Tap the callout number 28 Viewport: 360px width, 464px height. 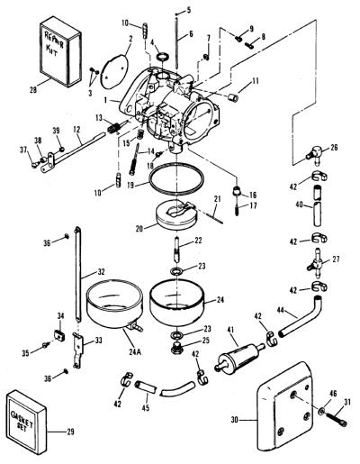pos(33,89)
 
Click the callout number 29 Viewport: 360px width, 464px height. pos(70,432)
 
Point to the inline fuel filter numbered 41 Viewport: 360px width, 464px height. pos(239,357)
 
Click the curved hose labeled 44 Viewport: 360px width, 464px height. pos(300,320)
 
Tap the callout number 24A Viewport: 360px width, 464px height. pos(134,351)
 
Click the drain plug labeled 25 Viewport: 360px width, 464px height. pos(177,348)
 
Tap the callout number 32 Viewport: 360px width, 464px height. pos(101,272)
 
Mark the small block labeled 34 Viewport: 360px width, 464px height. pos(59,335)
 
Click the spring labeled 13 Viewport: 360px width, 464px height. pos(114,128)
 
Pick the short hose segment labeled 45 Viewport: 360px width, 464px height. pos(146,387)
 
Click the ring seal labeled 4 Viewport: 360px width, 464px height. pos(163,56)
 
